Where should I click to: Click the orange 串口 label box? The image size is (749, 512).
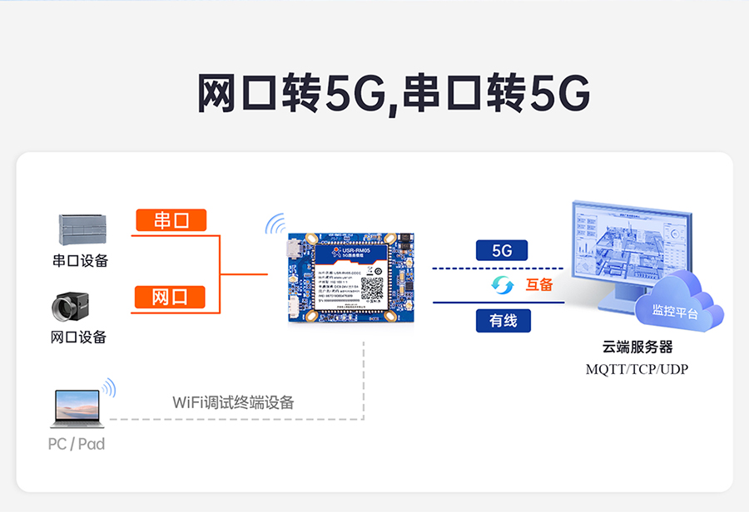coord(171,220)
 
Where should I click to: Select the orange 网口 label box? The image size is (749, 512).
coord(171,297)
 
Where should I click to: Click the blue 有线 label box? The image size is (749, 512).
coord(503,320)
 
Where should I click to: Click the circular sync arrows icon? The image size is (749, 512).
coord(503,285)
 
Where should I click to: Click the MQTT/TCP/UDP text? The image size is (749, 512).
coord(637,369)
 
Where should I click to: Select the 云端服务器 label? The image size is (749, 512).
coord(637,347)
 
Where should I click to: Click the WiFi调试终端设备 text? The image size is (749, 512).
coord(233,402)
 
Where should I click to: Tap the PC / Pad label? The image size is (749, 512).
coord(77,444)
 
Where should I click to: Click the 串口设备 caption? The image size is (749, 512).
coord(80,261)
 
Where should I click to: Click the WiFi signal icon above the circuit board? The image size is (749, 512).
coord(275,224)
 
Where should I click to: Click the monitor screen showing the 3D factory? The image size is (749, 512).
coord(628,245)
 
